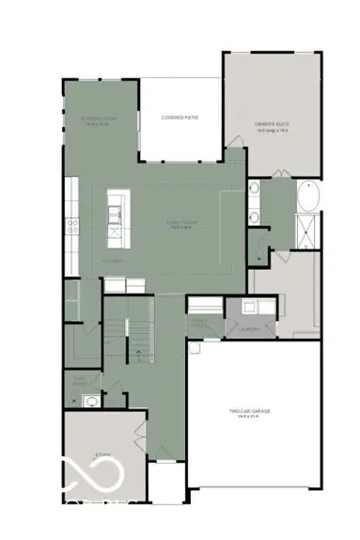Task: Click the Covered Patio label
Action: pyautogui.click(x=180, y=117)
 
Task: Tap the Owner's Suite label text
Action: pyautogui.click(x=272, y=123)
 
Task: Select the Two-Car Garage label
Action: pyautogui.click(x=251, y=411)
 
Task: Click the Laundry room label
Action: pyautogui.click(x=249, y=329)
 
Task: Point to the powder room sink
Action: pyautogui.click(x=89, y=401)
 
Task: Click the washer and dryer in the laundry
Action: pyautogui.click(x=253, y=306)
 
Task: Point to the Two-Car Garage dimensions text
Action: pyautogui.click(x=251, y=418)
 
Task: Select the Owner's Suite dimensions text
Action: pyautogui.click(x=272, y=130)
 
